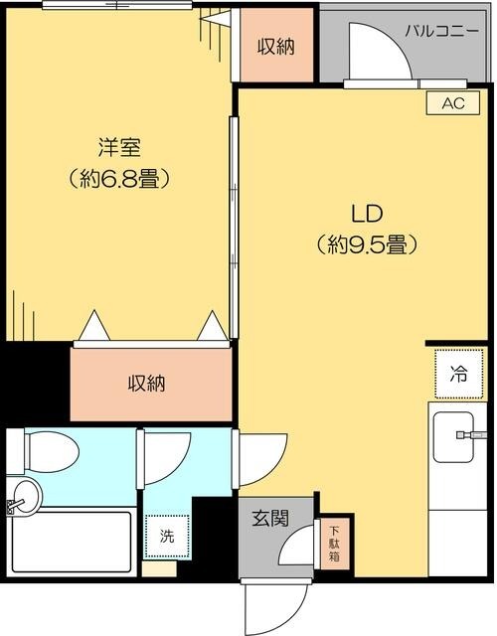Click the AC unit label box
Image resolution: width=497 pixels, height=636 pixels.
point(452,102)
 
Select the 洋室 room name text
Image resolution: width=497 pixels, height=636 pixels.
point(118,149)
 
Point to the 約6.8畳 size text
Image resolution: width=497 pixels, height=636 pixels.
point(118,180)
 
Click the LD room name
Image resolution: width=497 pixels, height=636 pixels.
point(365,213)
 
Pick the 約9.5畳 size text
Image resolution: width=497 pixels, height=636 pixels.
point(365,243)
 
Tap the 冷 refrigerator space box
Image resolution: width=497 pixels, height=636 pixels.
point(458,374)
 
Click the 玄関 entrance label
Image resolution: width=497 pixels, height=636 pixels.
point(269,518)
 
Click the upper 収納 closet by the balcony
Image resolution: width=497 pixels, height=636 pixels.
point(274,46)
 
